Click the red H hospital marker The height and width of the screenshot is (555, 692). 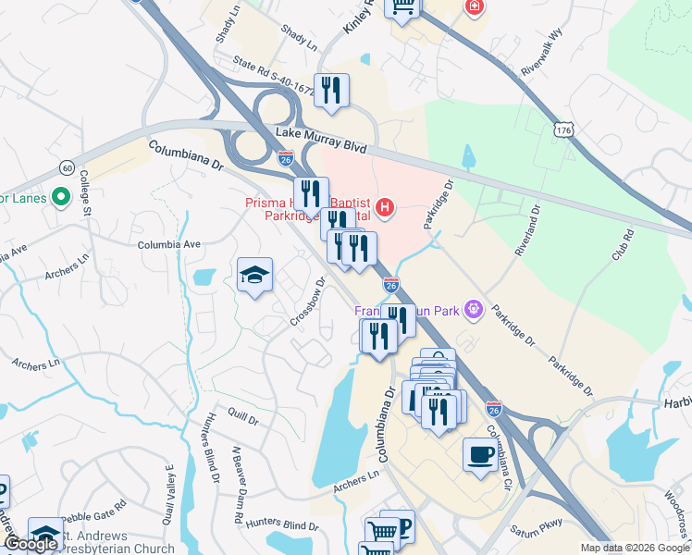386,210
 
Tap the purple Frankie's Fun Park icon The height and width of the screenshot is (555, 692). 476,307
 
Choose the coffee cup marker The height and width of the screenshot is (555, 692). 480,455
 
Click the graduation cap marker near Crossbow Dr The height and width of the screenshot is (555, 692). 254,275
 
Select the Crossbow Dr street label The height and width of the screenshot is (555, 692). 308,302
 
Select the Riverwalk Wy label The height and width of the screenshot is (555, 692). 542,57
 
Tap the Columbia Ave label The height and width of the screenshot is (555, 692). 169,245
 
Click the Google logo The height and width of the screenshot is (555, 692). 31,544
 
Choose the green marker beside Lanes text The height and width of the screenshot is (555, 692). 62,197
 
